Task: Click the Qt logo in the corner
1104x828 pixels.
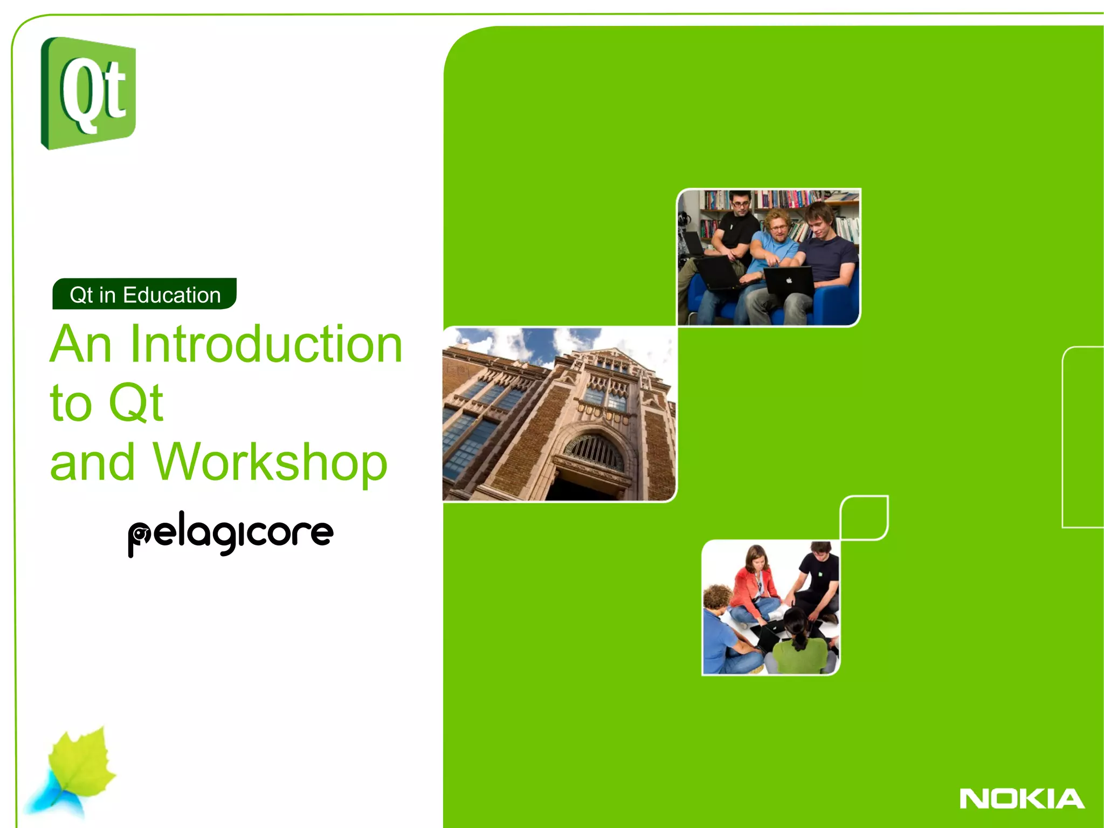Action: tap(88, 93)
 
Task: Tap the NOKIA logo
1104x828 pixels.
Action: tap(1022, 799)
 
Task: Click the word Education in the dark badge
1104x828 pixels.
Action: tap(171, 295)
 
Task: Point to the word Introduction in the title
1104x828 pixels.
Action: tap(266, 344)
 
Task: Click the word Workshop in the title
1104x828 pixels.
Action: tap(270, 462)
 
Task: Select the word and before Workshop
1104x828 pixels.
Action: tap(92, 463)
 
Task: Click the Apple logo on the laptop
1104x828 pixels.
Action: tap(788, 280)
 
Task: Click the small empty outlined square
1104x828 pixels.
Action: tap(864, 517)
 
